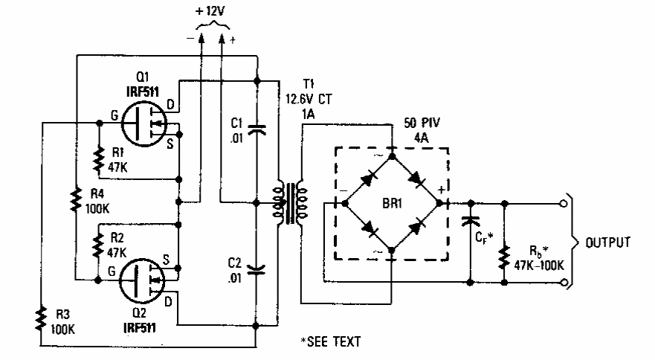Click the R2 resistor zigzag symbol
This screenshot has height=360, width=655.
[99, 240]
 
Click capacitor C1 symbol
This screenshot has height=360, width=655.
[256, 130]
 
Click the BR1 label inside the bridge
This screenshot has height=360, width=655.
[391, 202]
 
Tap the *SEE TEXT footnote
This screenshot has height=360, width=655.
[330, 341]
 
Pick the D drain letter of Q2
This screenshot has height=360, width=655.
[168, 300]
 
